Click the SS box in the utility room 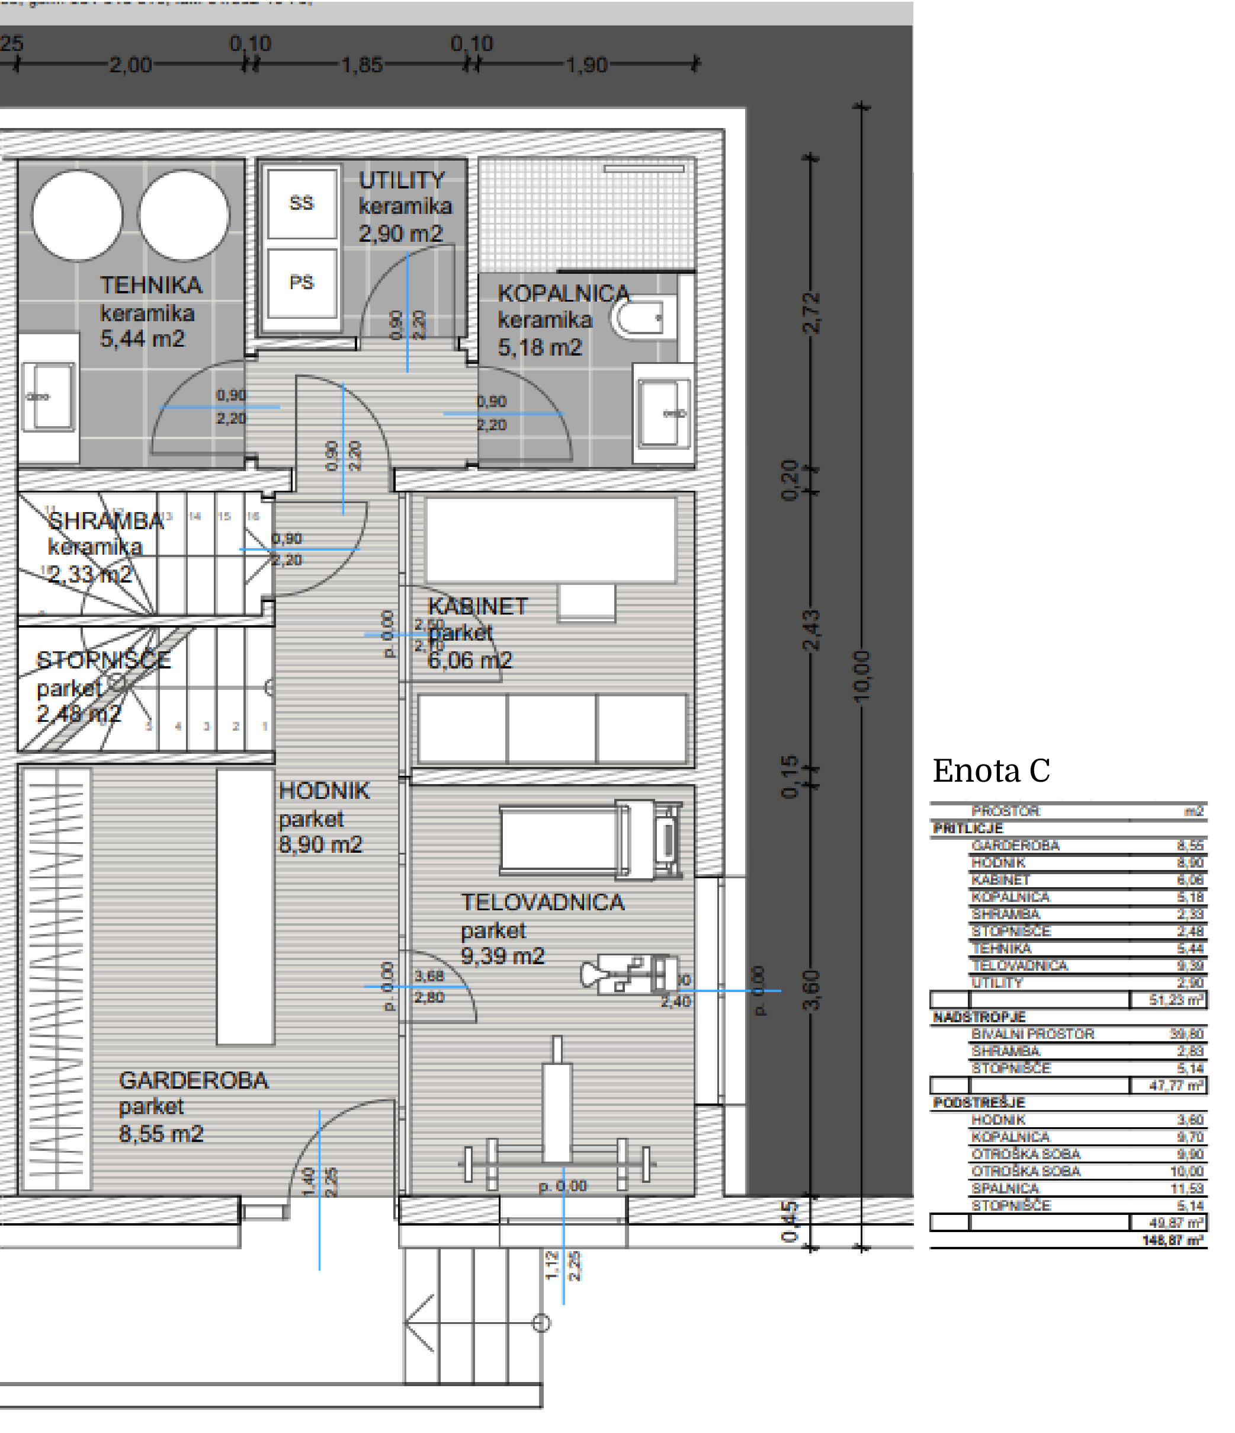[x=301, y=203]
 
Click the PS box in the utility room [x=301, y=282]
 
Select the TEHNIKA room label [x=150, y=285]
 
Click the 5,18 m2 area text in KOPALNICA [x=540, y=347]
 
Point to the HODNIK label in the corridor [x=323, y=791]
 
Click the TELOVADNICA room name [x=543, y=902]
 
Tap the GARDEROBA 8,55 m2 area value [x=161, y=1134]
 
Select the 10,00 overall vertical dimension [x=861, y=676]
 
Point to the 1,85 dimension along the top [x=361, y=65]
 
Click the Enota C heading [x=991, y=770]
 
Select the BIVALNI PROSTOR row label [x=1032, y=1034]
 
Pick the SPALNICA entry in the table [x=1005, y=1188]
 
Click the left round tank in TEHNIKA [x=78, y=216]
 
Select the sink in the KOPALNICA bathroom [x=663, y=413]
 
